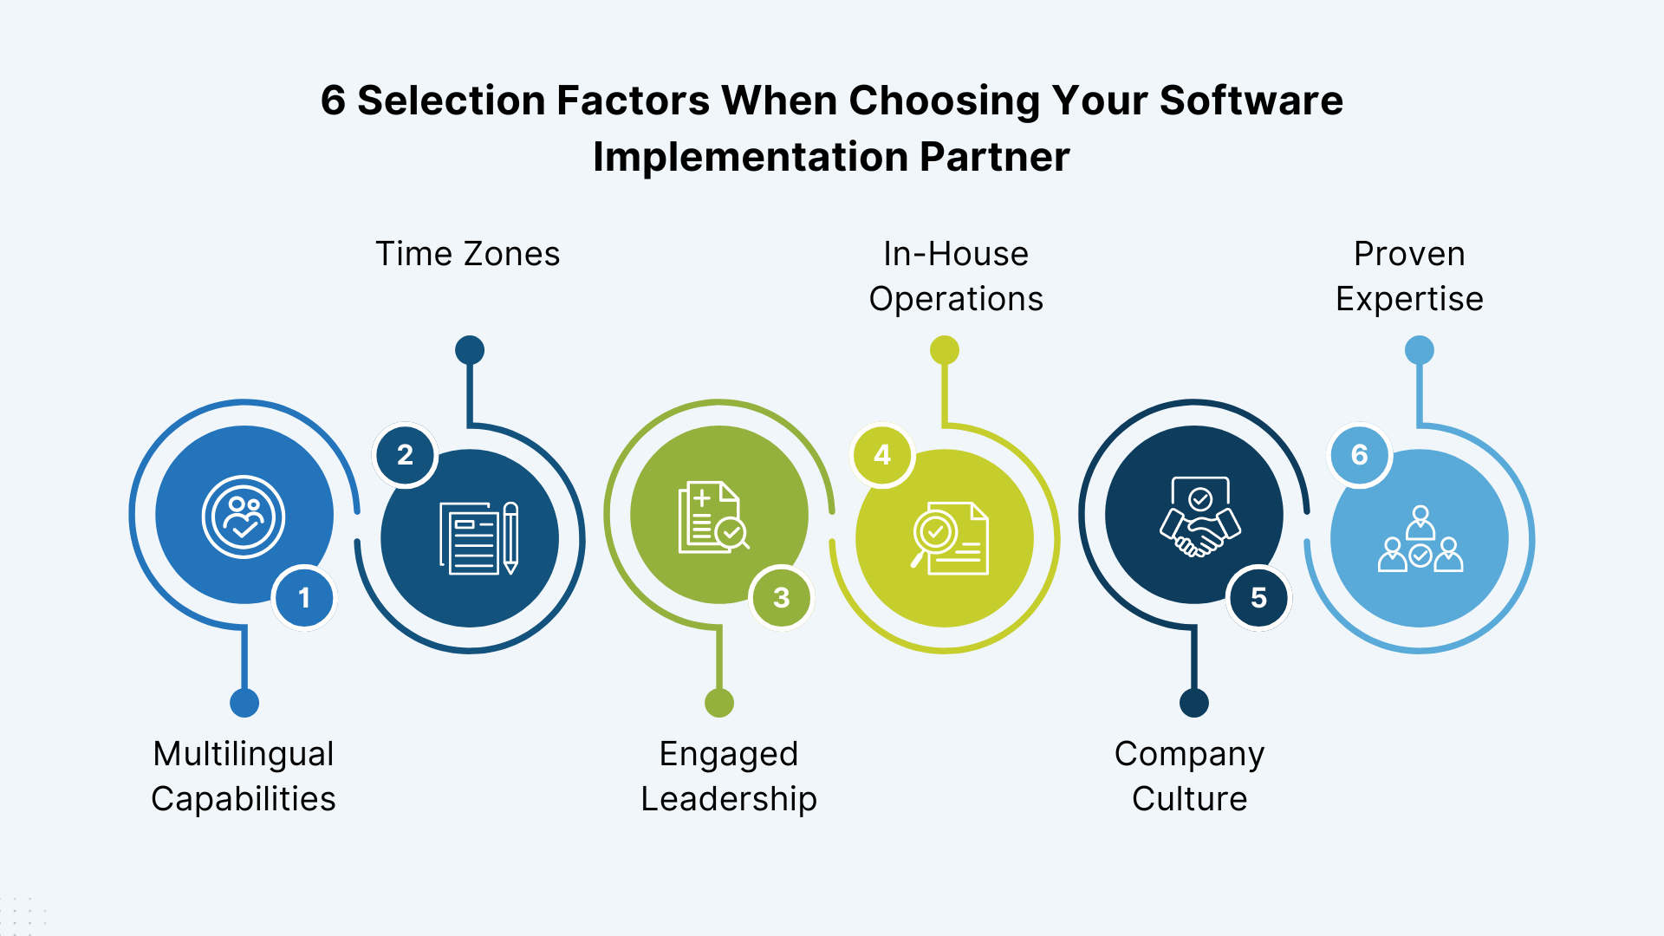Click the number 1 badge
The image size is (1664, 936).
tap(304, 598)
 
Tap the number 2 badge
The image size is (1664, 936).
tap(405, 455)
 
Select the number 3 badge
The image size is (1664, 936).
tap(781, 598)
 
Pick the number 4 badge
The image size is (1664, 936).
tap(882, 455)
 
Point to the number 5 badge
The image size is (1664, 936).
tap(1258, 598)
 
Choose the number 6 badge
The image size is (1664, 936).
tap(1359, 455)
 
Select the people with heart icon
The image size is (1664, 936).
tap(244, 517)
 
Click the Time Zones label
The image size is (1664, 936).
tap(467, 254)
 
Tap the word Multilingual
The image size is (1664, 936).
tap(244, 754)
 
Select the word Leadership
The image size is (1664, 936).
tap(729, 799)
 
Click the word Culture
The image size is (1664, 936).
tap(1189, 799)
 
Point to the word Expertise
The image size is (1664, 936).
tap(1409, 299)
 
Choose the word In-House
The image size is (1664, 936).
tap(956, 254)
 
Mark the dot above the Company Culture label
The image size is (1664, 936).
tap(1194, 703)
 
